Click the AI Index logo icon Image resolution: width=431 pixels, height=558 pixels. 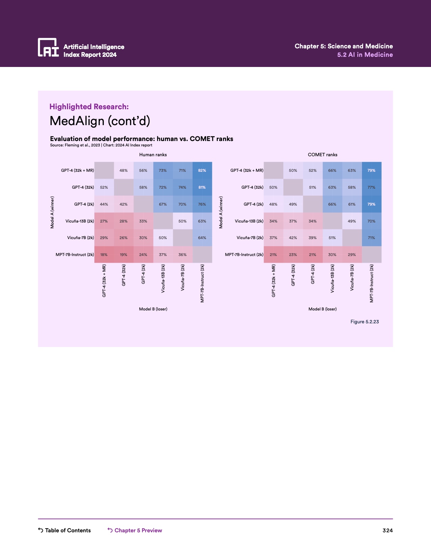pyautogui.click(x=48, y=47)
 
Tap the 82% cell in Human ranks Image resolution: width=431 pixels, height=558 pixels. pyautogui.click(x=202, y=170)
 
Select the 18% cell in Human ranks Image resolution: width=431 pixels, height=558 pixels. pyautogui.click(x=104, y=255)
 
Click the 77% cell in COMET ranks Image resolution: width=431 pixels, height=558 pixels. pyautogui.click(x=372, y=187)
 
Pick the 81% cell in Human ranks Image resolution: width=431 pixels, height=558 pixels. pyautogui.click(x=202, y=187)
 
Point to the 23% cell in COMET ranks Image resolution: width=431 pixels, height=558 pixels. pyautogui.click(x=293, y=255)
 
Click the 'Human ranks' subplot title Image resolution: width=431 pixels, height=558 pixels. pyautogui.click(x=153, y=155)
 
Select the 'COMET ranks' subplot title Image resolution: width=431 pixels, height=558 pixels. pyautogui.click(x=322, y=155)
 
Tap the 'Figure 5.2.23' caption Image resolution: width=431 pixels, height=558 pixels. pyautogui.click(x=364, y=322)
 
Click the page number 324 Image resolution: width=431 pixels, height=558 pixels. pyautogui.click(x=387, y=530)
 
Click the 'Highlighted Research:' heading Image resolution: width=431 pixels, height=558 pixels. pyautogui.click(x=89, y=107)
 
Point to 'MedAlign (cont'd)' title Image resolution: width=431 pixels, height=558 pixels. pyautogui.click(x=100, y=121)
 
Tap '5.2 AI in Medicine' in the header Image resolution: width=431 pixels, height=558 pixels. pyautogui.click(x=365, y=55)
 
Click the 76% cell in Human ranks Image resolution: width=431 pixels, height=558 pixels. pyautogui.click(x=202, y=204)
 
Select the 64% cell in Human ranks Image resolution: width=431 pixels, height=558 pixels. pyautogui.click(x=202, y=238)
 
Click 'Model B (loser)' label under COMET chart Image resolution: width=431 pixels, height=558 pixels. pyautogui.click(x=322, y=309)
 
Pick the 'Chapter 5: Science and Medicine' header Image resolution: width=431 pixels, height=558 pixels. pyautogui.click(x=343, y=46)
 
